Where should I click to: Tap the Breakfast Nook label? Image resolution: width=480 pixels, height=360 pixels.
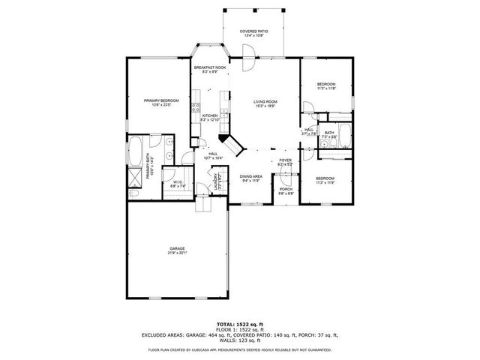[x=209, y=67]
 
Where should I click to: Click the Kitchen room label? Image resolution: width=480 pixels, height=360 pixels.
[x=209, y=115]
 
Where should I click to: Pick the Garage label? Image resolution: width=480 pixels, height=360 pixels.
[x=177, y=248]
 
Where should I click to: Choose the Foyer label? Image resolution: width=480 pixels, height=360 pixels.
[x=286, y=160]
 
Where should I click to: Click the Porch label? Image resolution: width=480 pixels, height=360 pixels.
[x=286, y=189]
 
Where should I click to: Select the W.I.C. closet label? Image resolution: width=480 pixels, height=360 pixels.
[x=178, y=181]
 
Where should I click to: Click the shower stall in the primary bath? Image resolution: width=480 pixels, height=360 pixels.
[x=136, y=178]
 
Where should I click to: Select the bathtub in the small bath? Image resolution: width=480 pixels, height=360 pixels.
[x=344, y=137]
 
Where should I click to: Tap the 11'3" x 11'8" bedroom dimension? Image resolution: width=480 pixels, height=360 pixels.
[x=325, y=88]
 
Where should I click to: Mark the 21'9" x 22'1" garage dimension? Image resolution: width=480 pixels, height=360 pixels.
[x=177, y=253]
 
